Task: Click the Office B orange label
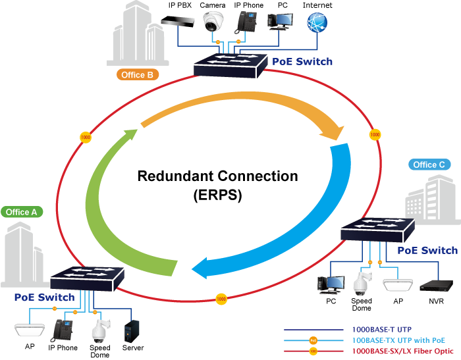click(138, 75)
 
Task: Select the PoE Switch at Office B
click(230, 64)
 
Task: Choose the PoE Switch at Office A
click(86, 276)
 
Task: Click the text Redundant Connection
click(217, 176)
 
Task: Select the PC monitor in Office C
click(331, 284)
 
